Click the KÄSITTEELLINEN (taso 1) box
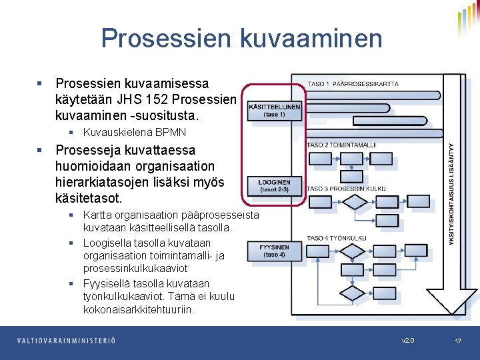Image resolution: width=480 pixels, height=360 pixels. tap(275, 110)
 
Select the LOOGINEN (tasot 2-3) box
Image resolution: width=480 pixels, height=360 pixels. tap(274, 185)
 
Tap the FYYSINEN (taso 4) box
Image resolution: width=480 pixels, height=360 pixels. tap(274, 251)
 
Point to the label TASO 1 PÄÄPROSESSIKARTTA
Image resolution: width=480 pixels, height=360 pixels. tap(353, 84)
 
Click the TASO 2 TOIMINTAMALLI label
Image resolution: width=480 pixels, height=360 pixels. tap(341, 145)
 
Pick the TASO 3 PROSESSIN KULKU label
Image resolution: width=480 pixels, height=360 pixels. tap(346, 189)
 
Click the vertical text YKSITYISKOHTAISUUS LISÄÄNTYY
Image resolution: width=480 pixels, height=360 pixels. tap(452, 193)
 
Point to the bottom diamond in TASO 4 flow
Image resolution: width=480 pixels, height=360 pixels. tap(353, 294)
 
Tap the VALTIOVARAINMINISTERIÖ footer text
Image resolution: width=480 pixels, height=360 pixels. tap(66, 341)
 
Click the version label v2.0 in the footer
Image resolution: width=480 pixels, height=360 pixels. tap(408, 341)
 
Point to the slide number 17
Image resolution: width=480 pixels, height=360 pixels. tap(458, 341)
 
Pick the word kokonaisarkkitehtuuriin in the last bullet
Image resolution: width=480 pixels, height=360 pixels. tap(138, 309)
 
